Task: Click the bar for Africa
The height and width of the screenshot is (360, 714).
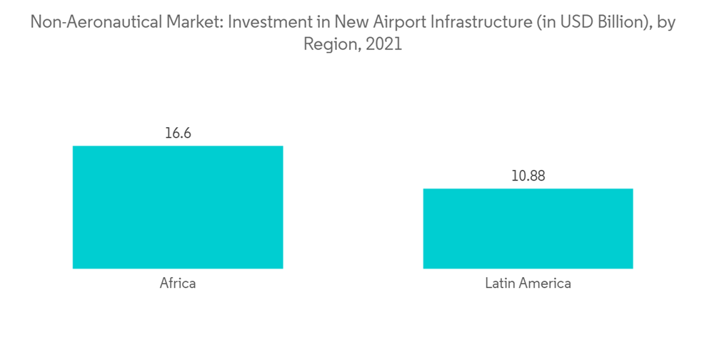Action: point(178,207)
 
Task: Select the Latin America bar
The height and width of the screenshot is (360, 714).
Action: point(528,229)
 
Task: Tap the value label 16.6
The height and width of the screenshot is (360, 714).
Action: point(178,134)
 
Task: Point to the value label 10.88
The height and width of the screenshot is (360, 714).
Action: point(528,176)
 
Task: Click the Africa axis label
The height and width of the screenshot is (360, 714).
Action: point(178,284)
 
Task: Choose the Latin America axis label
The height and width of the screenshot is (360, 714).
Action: point(528,284)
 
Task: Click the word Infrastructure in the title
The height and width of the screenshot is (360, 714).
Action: point(479,23)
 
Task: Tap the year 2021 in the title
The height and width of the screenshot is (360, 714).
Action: point(385,44)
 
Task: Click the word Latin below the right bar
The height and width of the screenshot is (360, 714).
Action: point(500,284)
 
